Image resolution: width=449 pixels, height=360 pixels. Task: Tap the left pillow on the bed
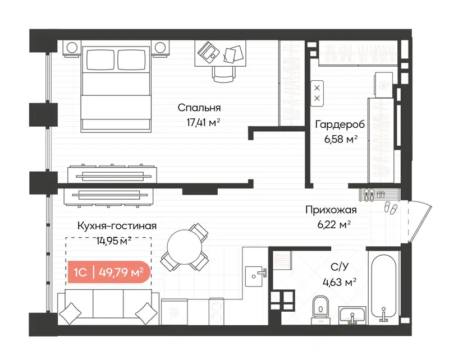pos(100,59)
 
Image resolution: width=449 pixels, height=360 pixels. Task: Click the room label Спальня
pos(199,108)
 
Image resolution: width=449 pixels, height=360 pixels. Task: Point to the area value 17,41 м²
pos(199,122)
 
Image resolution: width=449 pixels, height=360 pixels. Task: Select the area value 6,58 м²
pos(337,139)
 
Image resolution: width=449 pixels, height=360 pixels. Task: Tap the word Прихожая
pos(331,210)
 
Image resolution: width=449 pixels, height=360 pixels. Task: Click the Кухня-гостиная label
pos(117,226)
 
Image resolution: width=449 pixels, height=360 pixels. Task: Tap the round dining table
pos(182,245)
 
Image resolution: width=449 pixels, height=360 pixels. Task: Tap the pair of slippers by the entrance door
pos(390,207)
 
